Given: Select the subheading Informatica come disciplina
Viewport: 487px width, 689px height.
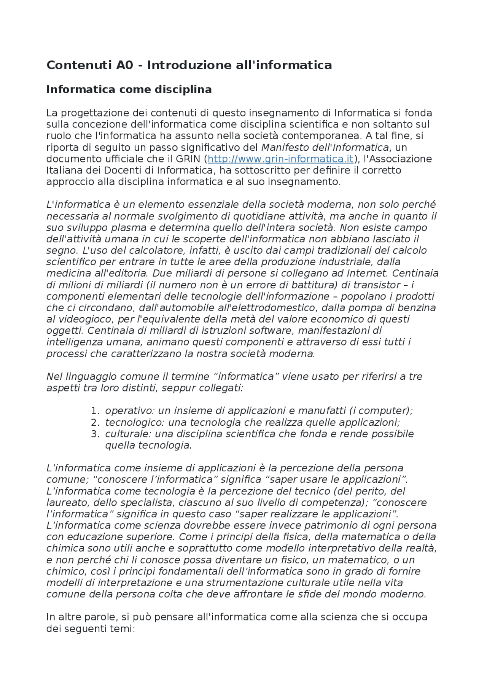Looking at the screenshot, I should point(129,89).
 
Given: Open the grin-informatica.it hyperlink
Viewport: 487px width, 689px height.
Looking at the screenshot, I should point(280,159).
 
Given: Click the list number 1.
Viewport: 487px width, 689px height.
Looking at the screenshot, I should point(95,411).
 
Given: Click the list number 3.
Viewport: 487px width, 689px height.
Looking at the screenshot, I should point(95,434).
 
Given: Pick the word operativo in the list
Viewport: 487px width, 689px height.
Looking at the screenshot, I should point(128,411).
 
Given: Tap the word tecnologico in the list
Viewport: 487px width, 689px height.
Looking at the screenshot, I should point(135,423).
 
